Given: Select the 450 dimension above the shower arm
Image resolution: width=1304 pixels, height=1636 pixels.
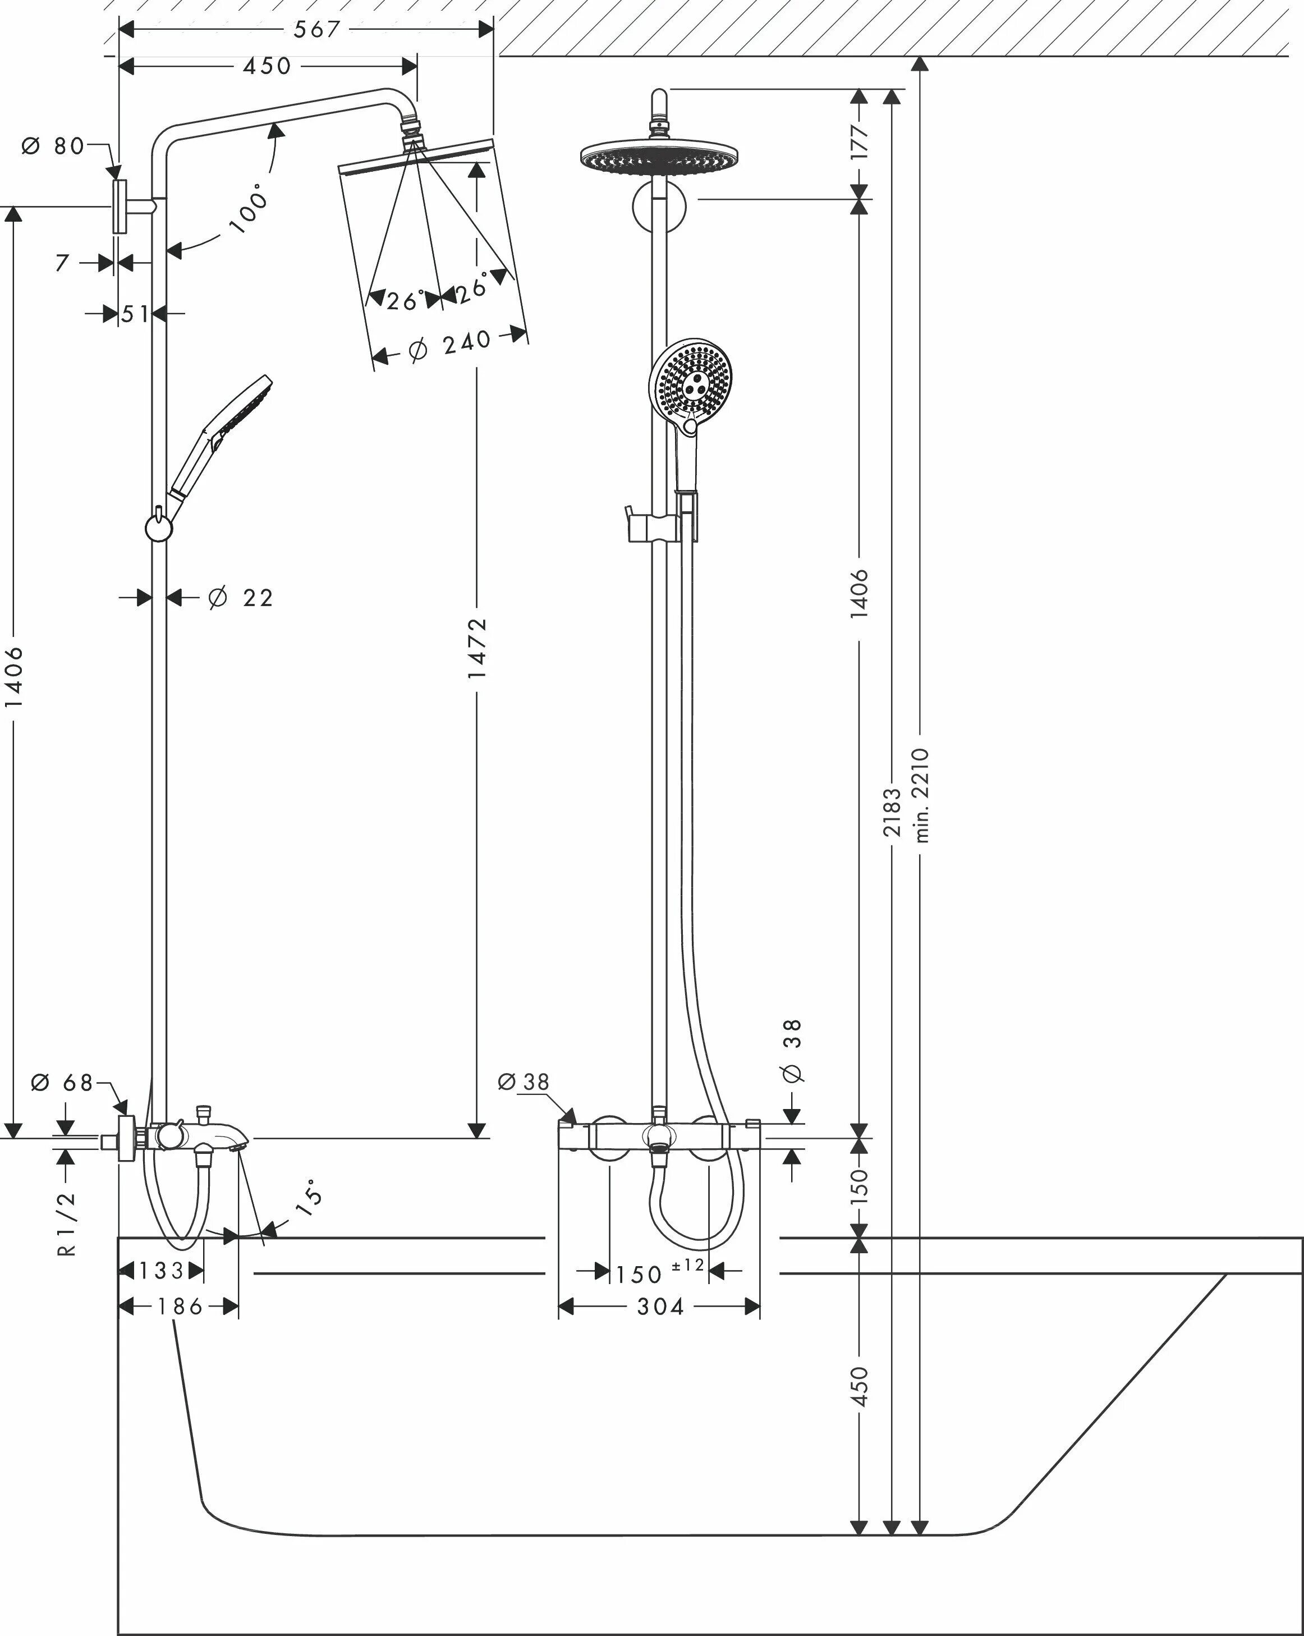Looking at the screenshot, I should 267,66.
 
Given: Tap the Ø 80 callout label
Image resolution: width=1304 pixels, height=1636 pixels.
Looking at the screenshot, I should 53,146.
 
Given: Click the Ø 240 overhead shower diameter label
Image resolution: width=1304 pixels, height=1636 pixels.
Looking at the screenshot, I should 451,345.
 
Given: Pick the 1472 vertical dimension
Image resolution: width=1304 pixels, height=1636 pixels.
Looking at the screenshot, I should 477,647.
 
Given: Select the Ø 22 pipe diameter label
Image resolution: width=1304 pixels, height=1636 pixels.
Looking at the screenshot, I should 241,598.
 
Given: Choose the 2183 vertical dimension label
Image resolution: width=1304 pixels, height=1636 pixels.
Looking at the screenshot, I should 892,812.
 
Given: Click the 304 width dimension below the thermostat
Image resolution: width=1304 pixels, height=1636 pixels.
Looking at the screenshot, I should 659,1307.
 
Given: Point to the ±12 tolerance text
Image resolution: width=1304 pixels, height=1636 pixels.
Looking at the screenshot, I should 687,1265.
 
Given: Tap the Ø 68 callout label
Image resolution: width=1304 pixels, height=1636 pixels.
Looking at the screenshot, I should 62,1082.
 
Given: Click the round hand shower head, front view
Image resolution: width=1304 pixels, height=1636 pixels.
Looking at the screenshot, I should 691,379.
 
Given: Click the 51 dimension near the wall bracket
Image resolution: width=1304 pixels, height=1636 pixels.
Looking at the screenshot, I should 135,313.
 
